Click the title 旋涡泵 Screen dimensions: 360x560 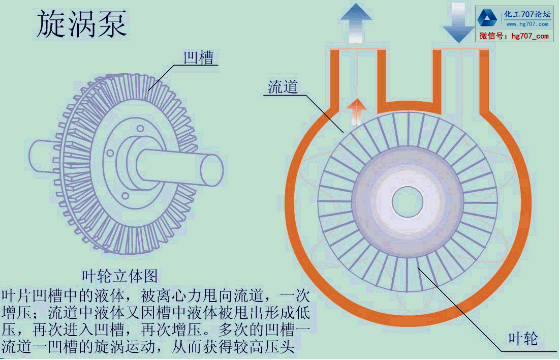[82, 24]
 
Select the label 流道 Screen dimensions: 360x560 [283, 87]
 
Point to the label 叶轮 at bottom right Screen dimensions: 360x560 [523, 338]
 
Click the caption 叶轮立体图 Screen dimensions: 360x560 [120, 276]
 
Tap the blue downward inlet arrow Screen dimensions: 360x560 [459, 23]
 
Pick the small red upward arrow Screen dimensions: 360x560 [357, 111]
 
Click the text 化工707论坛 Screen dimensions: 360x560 [526, 14]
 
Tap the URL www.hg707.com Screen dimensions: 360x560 [526, 24]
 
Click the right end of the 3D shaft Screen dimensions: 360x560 [212, 169]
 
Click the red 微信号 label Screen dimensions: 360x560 [492, 36]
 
